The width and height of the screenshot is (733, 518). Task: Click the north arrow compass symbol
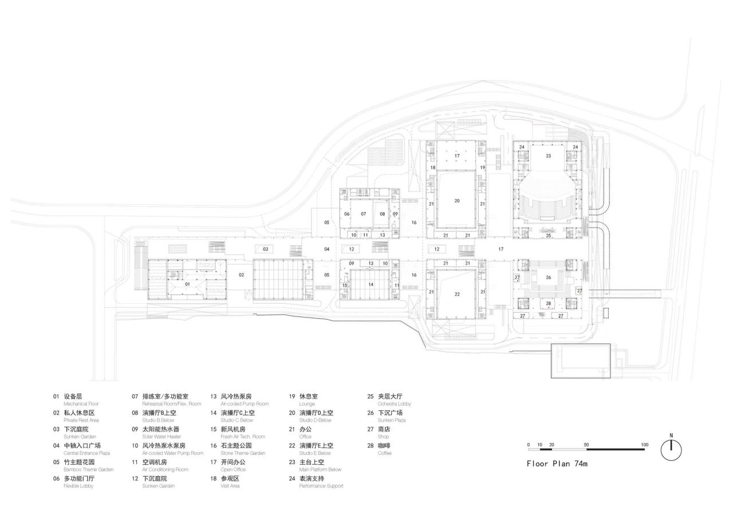pos(671,449)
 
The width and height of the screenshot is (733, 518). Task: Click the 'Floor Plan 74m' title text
pos(557,464)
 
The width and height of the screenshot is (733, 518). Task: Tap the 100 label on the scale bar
pos(644,445)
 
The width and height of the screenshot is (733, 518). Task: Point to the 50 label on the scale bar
pos(586,445)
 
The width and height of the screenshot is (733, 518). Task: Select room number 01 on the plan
pos(187,284)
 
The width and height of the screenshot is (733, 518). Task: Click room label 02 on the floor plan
pos(242,275)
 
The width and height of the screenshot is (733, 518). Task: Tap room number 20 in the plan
pos(457,201)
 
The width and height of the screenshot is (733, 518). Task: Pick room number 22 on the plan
pos(457,294)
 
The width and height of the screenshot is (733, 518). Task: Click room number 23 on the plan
pos(548,156)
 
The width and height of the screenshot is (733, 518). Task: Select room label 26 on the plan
pos(548,278)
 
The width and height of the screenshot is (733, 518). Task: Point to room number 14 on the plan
pos(371,284)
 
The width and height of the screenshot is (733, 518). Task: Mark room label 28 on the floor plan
pos(548,303)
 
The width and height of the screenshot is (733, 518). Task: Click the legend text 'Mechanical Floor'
pos(81,404)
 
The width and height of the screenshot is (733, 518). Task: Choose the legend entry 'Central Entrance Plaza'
pos(86,453)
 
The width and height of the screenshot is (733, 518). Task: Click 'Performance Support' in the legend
pos(321,486)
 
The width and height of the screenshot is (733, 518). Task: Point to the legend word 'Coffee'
pos(385,453)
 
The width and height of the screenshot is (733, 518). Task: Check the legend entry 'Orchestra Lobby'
pos(395,404)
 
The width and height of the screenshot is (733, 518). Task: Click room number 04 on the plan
pos(327,249)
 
